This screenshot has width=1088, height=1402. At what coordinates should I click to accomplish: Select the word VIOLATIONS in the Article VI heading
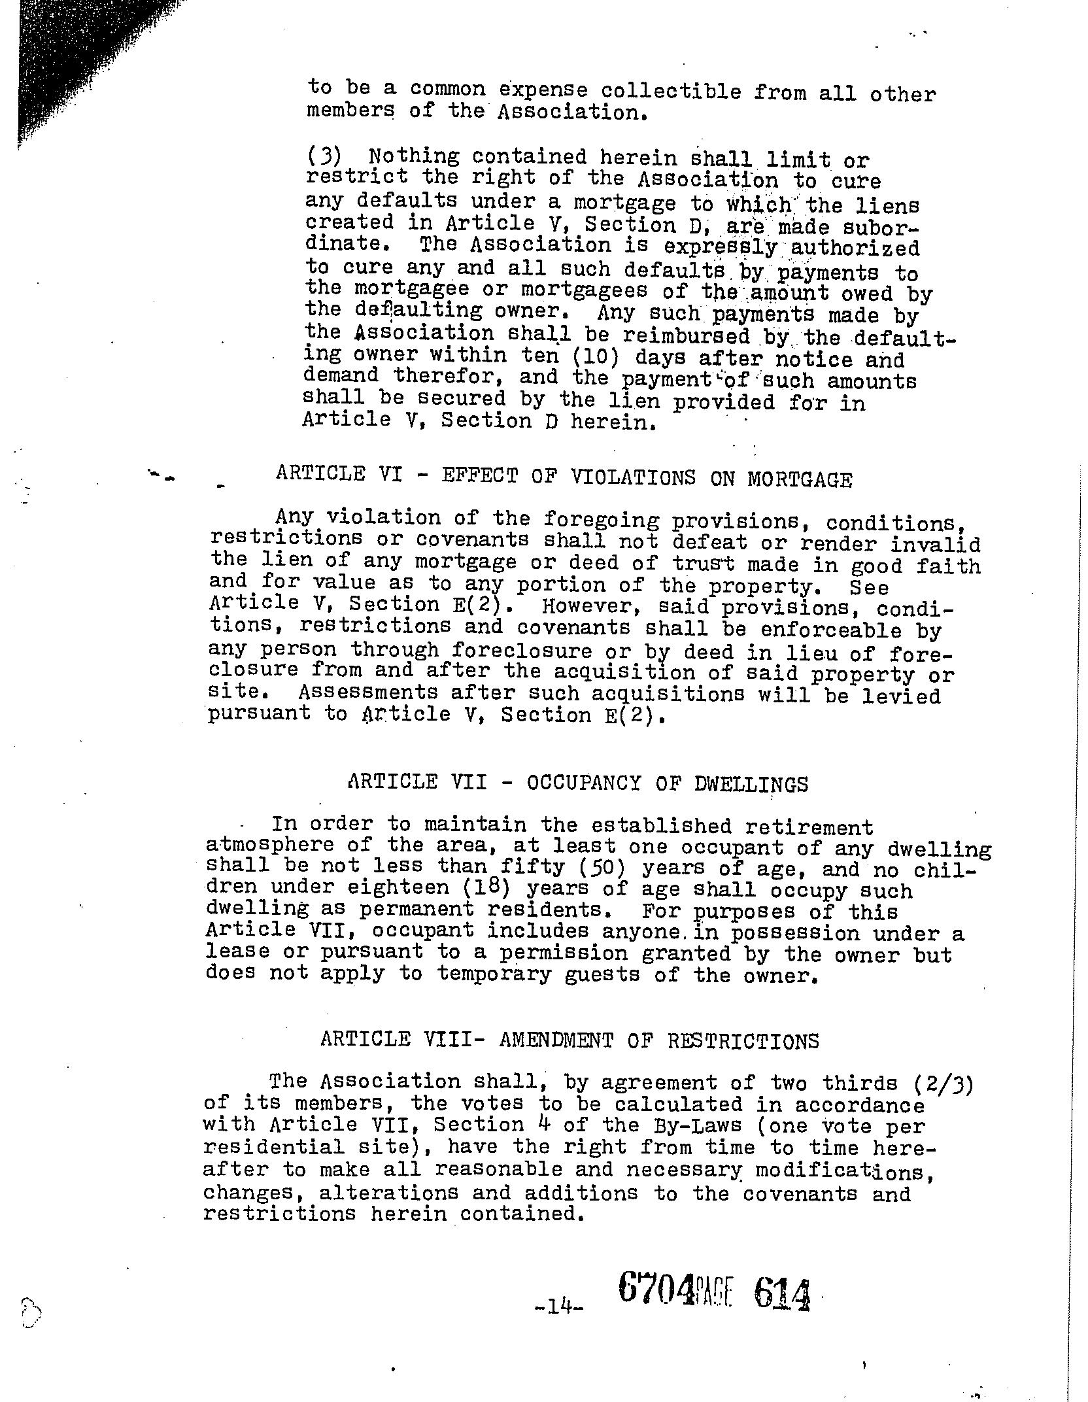tap(633, 477)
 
